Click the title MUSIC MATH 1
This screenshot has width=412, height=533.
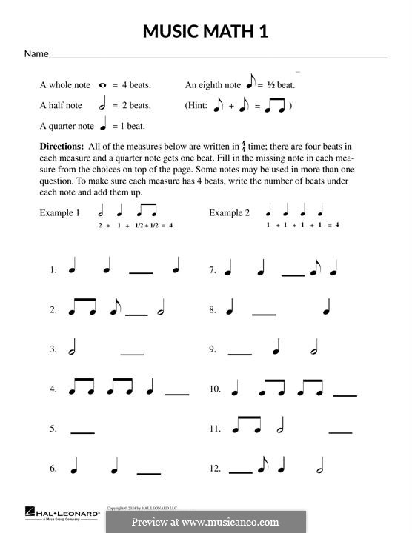(205, 31)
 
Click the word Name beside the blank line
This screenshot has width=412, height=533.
(36, 54)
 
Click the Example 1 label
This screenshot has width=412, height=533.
(59, 213)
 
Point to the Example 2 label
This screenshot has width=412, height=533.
(229, 213)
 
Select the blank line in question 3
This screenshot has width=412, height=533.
(132, 354)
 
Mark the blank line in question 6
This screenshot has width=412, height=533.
(149, 472)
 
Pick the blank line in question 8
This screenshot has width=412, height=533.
(264, 315)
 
